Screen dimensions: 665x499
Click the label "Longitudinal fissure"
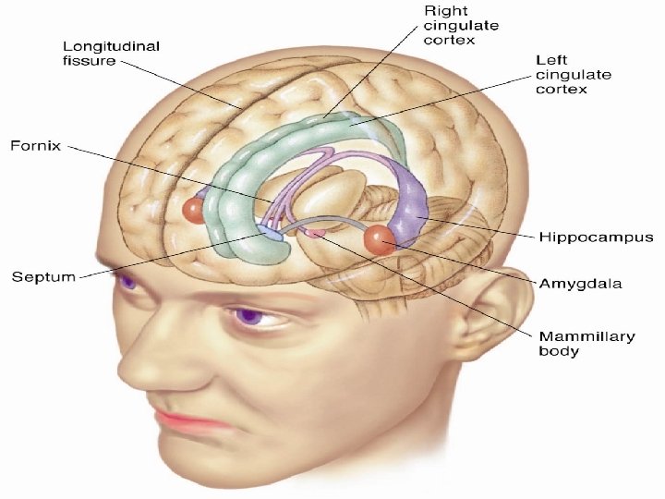[111, 53]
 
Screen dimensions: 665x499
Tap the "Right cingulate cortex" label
[461, 26]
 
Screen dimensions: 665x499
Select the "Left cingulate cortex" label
[574, 75]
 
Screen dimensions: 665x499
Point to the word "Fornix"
[36, 146]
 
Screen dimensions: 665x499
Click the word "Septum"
[43, 277]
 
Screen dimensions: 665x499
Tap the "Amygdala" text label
[580, 283]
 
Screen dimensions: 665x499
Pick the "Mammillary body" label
[587, 344]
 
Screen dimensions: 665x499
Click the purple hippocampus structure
[409, 203]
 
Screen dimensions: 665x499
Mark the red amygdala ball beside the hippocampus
[380, 240]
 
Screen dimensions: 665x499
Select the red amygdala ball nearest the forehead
[193, 211]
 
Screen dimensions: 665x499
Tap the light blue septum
[269, 232]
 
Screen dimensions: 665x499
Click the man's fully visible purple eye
[248, 316]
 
